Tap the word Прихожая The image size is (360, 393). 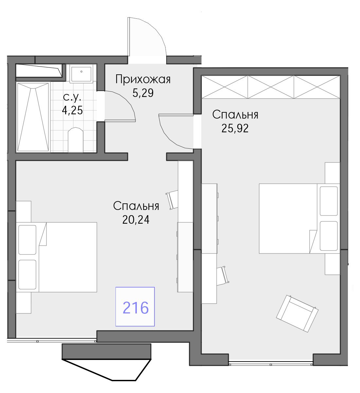(143, 80)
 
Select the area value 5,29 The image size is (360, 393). (143, 93)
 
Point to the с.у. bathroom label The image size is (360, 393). (72, 97)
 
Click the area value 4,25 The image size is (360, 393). (72, 110)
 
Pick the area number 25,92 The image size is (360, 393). (235, 128)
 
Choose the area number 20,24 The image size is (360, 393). (136, 220)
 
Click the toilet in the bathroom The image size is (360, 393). (76, 140)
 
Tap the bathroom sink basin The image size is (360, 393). (81, 74)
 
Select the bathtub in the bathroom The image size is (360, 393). (33, 117)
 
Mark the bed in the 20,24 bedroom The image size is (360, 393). (56, 257)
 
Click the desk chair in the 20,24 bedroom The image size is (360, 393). (172, 200)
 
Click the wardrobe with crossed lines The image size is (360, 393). (271, 87)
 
